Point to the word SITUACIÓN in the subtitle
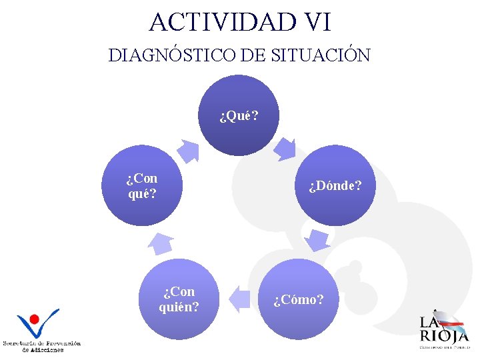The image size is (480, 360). [321, 55]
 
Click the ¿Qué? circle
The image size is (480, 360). [239, 116]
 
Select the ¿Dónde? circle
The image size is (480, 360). [335, 185]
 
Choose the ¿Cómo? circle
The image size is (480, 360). [299, 299]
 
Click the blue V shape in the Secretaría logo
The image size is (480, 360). [41, 327]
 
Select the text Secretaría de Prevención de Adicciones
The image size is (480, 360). [42, 346]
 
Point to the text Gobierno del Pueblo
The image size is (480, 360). [444, 347]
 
